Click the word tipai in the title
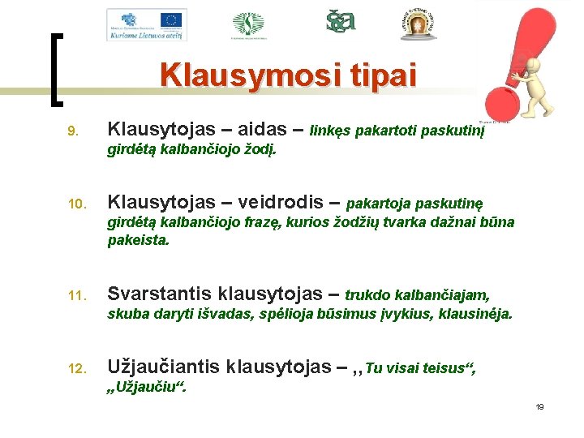pos(380,75)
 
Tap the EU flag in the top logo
pos(171,19)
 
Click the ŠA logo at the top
pos(341,21)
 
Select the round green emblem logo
pos(248,24)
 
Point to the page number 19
pos(539,406)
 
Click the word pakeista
pos(139,240)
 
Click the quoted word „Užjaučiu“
pos(147,387)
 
